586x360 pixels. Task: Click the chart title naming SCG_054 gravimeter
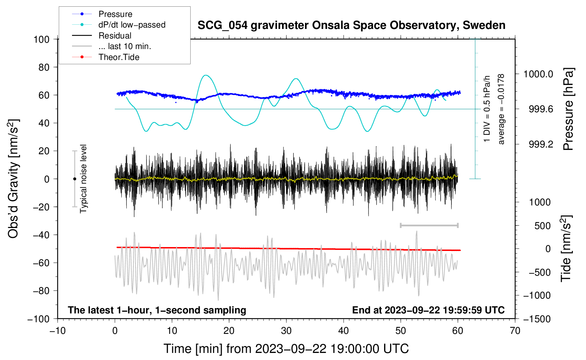click(x=351, y=25)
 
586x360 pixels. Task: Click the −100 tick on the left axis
click(x=39, y=319)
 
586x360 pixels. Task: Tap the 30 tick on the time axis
click(x=286, y=331)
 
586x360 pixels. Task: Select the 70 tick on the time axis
click(x=515, y=331)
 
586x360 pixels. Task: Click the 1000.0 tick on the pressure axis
click(x=538, y=74)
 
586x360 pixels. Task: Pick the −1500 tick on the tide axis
click(x=537, y=319)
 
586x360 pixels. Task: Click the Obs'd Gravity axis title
click(x=13, y=179)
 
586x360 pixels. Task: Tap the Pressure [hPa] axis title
click(x=568, y=109)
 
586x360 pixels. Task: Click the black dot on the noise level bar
click(x=74, y=179)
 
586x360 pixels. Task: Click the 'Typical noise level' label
click(x=83, y=179)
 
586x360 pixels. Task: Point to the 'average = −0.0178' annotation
click(x=501, y=109)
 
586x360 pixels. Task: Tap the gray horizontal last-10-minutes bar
click(x=429, y=225)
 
